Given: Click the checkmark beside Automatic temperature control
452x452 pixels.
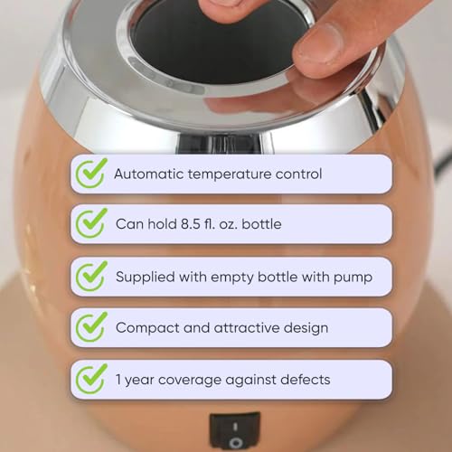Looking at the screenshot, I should [91, 172].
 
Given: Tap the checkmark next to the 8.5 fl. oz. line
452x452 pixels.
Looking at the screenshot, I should [91, 223].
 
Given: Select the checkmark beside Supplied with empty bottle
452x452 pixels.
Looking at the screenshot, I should [91, 276].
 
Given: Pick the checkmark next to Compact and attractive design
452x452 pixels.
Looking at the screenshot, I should [91, 327].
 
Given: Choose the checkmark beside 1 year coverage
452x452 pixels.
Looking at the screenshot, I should [91, 379].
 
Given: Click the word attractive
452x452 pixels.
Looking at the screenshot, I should [246, 328].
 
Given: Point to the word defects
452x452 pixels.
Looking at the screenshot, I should [302, 380].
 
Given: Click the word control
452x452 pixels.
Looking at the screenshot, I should [297, 173].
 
